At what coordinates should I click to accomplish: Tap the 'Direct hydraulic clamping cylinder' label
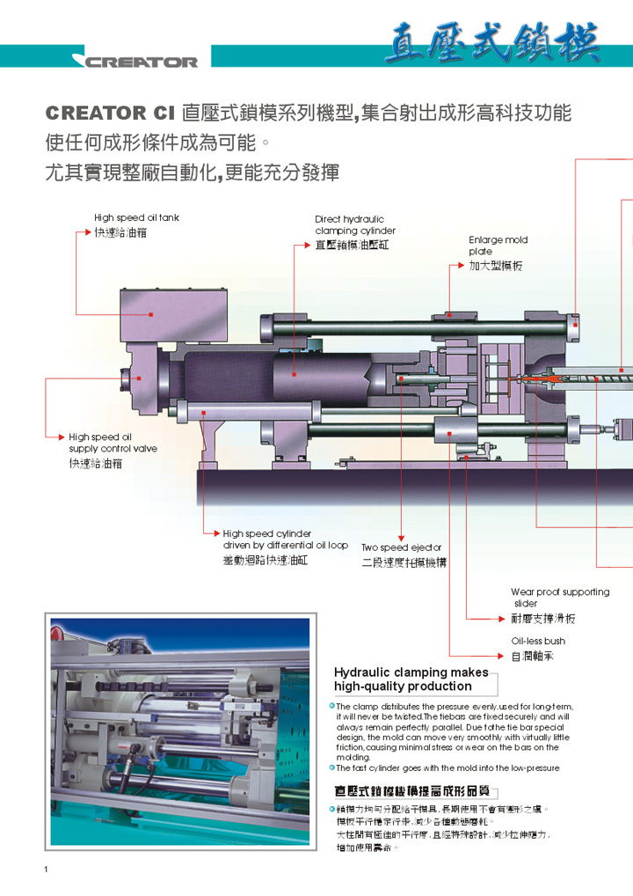(355, 225)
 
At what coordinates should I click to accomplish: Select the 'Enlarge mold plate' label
(498, 246)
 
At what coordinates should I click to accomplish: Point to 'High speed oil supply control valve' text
(113, 443)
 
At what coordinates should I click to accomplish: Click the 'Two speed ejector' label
(401, 547)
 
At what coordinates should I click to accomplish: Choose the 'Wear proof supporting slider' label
(560, 598)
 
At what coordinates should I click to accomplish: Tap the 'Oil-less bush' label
(538, 642)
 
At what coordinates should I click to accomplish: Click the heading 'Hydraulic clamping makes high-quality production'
(411, 679)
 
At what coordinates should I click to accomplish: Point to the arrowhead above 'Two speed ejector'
(401, 538)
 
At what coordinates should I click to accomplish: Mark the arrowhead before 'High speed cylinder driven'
(215, 533)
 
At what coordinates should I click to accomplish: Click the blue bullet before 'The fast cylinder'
(331, 767)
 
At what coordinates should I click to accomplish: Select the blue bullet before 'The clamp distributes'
(331, 706)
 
